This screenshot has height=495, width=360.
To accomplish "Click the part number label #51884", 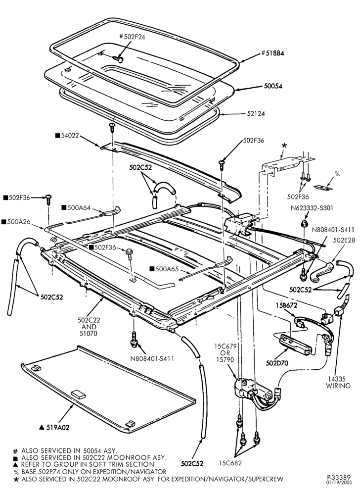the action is pyautogui.click(x=272, y=53).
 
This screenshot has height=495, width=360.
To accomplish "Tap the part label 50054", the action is pyautogui.click(x=273, y=86).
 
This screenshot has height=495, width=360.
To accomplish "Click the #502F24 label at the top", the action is pyautogui.click(x=133, y=37).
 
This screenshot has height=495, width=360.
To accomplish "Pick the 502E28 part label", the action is pyautogui.click(x=344, y=240).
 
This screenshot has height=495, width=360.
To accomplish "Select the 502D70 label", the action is pyautogui.click(x=277, y=363).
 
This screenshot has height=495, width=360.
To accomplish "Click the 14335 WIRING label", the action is pyautogui.click(x=338, y=382).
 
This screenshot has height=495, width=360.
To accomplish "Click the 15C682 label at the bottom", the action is pyautogui.click(x=230, y=463).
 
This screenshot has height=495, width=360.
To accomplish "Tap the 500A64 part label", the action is pyautogui.click(x=76, y=208).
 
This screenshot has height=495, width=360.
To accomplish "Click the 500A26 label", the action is pyautogui.click(x=16, y=222).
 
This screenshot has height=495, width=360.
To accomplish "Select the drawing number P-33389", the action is pyautogui.click(x=337, y=477).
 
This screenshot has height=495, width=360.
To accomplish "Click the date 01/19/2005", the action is pyautogui.click(x=337, y=482).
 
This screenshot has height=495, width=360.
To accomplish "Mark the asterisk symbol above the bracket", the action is pyautogui.click(x=284, y=146).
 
